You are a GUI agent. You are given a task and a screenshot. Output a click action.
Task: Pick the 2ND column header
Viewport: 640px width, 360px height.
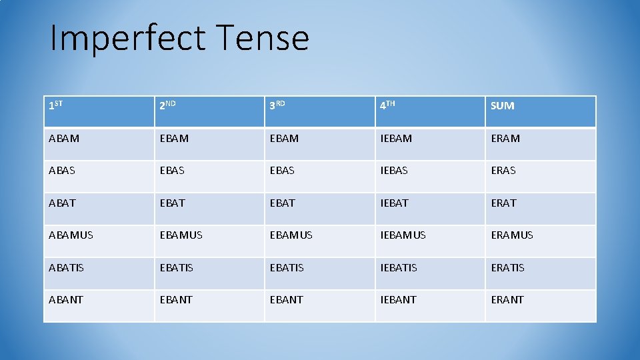pyautogui.click(x=167, y=105)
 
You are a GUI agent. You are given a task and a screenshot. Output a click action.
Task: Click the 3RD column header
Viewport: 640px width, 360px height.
pyautogui.click(x=277, y=105)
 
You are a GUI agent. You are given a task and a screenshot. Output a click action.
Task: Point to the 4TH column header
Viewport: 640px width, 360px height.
pyautogui.click(x=388, y=105)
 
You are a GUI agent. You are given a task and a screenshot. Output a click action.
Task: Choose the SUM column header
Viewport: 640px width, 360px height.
pyautogui.click(x=503, y=105)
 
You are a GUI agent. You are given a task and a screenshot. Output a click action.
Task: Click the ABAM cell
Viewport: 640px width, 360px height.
pyautogui.click(x=64, y=138)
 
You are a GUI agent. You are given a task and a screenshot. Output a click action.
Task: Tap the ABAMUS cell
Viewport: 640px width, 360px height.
pyautogui.click(x=71, y=235)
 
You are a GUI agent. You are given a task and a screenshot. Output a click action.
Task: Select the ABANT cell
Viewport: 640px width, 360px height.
pyautogui.click(x=66, y=300)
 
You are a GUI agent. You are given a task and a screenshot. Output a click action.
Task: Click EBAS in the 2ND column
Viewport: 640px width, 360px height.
pyautogui.click(x=172, y=171)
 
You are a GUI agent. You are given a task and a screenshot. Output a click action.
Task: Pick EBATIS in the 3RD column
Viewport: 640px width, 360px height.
pyautogui.click(x=287, y=267)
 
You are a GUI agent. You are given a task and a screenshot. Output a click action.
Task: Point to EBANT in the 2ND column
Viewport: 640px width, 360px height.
pyautogui.click(x=176, y=300)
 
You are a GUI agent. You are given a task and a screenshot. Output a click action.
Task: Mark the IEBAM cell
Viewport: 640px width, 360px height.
pyautogui.click(x=396, y=138)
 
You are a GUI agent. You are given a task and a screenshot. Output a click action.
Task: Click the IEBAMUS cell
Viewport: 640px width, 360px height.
pyautogui.click(x=403, y=235)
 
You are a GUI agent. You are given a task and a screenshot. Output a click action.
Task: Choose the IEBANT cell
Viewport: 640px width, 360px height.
pyautogui.click(x=398, y=300)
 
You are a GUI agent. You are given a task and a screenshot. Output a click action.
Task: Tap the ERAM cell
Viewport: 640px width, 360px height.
pyautogui.click(x=505, y=138)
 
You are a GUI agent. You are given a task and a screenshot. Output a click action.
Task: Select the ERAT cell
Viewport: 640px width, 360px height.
pyautogui.click(x=504, y=203)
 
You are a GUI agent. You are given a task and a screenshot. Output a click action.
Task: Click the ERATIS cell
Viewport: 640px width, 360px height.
pyautogui.click(x=508, y=267)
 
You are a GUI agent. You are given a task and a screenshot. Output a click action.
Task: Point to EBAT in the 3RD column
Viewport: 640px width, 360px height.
pyautogui.click(x=282, y=203)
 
